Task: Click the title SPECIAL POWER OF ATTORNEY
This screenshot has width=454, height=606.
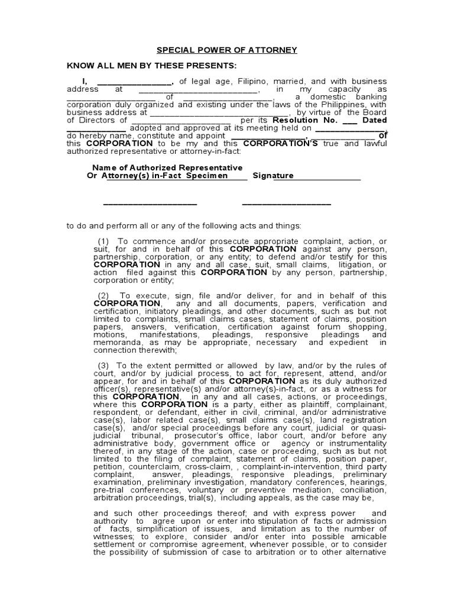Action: [226, 50]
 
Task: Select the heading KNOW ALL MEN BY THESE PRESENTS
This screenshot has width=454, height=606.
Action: [151, 65]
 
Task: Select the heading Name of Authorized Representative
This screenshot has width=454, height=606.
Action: [165, 168]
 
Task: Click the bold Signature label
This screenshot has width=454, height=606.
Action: [273, 176]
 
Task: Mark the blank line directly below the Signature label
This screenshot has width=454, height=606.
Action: [286, 204]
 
